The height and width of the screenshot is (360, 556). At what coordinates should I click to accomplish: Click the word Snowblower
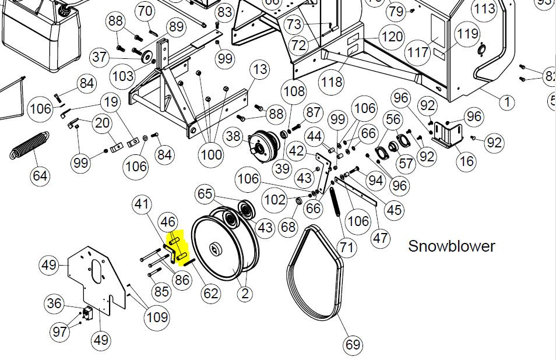tap(452, 246)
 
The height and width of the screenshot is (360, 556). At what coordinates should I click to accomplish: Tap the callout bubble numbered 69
tap(353, 344)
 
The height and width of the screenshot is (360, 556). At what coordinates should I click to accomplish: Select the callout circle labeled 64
tap(40, 176)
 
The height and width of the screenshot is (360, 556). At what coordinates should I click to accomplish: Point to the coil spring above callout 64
tap(29, 145)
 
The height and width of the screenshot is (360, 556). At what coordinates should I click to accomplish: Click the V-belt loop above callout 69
tap(314, 272)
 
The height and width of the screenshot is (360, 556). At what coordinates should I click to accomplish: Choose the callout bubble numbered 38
tap(233, 136)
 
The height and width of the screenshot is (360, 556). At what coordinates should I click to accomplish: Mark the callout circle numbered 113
tap(484, 8)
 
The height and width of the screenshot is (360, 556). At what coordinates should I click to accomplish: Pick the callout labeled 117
tap(418, 52)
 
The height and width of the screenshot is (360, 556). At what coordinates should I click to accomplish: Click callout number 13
tap(261, 69)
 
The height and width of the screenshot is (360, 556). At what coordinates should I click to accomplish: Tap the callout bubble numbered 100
tap(212, 154)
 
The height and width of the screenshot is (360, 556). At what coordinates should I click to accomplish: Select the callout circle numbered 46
tap(168, 222)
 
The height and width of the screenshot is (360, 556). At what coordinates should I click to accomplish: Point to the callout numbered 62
tap(210, 294)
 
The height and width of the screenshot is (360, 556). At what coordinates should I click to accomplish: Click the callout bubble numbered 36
tap(54, 303)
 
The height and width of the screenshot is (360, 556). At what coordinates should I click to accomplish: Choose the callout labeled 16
tap(467, 161)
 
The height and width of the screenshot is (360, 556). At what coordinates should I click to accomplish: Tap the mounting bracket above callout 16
tap(448, 135)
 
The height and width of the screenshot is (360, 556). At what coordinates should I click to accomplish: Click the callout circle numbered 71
tap(346, 246)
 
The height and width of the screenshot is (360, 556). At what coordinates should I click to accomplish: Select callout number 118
tap(332, 82)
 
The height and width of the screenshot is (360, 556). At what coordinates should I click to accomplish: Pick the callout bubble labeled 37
tap(100, 57)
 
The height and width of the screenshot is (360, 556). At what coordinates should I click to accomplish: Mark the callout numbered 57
tap(406, 163)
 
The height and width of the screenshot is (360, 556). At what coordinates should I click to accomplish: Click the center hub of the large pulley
tap(215, 249)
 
